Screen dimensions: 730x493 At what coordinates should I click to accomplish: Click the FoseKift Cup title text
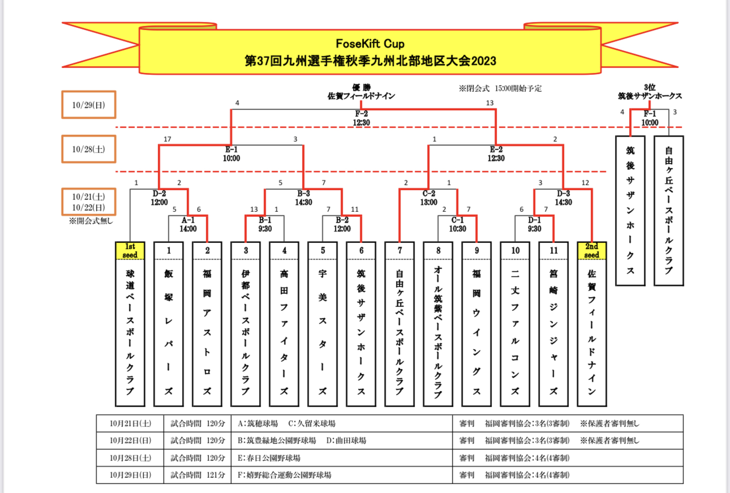(370, 44)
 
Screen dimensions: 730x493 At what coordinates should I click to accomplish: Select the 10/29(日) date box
(89, 105)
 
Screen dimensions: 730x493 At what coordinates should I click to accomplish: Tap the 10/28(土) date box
(89, 149)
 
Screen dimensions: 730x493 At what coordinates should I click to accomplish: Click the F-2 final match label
(361, 114)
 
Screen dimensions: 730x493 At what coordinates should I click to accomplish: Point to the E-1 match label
(231, 150)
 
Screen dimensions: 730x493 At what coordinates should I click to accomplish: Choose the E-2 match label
(495, 150)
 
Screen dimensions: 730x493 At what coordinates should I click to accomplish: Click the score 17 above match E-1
(167, 139)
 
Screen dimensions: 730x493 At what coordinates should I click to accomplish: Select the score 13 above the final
(490, 103)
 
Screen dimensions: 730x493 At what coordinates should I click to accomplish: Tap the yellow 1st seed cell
(130, 251)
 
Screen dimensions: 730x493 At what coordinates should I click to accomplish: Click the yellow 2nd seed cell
(591, 251)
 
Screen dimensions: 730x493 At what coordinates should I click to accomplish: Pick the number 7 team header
(400, 251)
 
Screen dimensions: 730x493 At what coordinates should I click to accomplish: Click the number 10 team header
(515, 251)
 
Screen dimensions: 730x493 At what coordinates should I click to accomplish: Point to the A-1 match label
(188, 220)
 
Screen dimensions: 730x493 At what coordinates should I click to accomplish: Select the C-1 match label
(458, 220)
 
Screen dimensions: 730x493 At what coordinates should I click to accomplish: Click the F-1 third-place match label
(650, 114)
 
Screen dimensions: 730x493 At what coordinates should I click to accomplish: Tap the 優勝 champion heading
(361, 87)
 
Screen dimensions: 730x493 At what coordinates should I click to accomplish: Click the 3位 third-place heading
(650, 87)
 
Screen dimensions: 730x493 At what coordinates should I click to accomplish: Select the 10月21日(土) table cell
(130, 423)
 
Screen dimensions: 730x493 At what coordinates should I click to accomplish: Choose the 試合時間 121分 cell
(198, 475)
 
